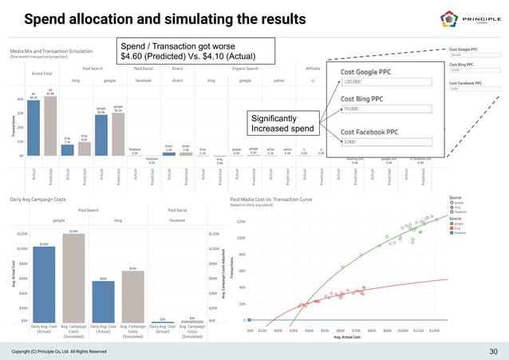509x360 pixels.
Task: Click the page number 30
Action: (x=491, y=350)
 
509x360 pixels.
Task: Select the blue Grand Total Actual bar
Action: (x=34, y=127)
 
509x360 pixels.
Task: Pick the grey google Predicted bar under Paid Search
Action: (x=118, y=133)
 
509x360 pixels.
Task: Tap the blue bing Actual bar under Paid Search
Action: (x=68, y=149)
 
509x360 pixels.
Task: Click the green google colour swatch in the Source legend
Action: (x=452, y=224)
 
